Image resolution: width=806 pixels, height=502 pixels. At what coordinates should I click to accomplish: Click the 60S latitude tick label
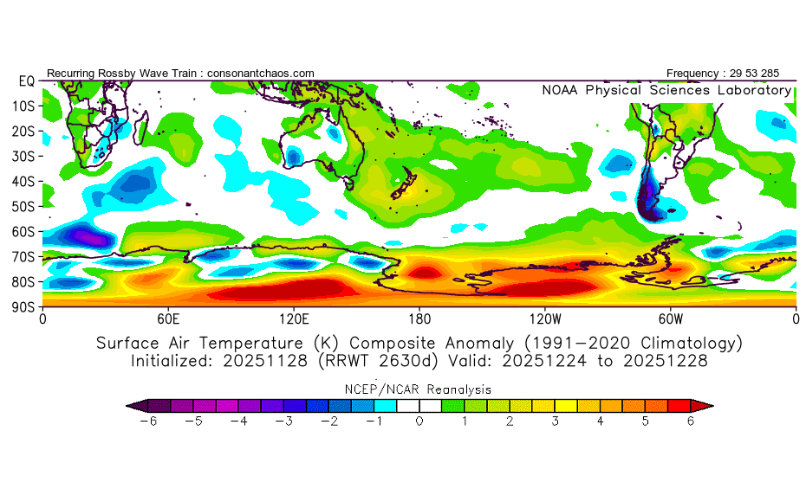[23, 231]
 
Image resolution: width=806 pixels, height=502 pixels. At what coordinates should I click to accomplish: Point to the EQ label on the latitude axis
[26, 80]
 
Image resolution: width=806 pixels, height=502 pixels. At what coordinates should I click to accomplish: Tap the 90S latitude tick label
[23, 306]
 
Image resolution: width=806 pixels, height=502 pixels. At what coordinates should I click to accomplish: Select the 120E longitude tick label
[294, 319]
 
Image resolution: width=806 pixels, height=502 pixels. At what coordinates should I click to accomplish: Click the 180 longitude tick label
[419, 319]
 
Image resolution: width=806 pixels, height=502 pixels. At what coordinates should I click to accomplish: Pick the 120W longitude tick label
[545, 319]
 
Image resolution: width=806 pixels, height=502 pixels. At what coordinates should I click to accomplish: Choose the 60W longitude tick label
[670, 319]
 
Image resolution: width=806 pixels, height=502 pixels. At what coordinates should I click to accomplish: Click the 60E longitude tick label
[168, 319]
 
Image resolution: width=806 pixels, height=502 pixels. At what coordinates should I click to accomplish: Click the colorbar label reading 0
[419, 422]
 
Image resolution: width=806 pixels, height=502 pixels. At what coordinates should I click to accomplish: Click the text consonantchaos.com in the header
[261, 74]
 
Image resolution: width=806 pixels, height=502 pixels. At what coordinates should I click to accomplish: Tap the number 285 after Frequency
[777, 74]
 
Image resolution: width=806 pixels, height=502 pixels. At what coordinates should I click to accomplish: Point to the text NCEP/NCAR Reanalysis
[419, 389]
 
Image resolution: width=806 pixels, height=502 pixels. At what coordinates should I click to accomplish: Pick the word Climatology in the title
[683, 343]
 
